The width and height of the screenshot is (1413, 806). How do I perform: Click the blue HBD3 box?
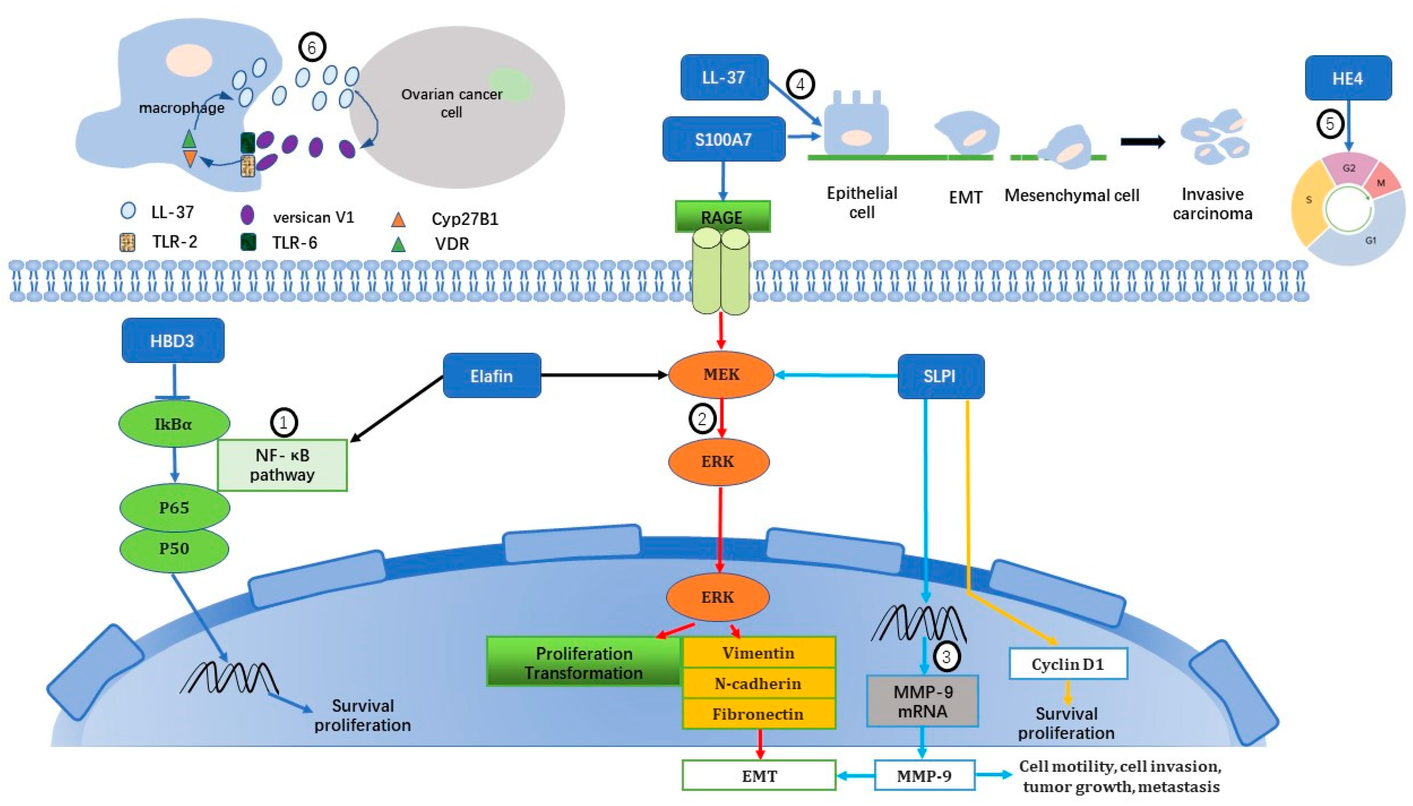point(173,341)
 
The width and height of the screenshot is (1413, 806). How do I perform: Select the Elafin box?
point(492,376)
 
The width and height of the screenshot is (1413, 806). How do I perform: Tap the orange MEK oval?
point(721,375)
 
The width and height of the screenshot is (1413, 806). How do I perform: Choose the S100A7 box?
point(724,139)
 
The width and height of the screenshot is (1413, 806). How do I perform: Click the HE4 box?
point(1348,78)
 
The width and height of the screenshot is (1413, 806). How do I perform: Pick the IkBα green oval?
point(174,424)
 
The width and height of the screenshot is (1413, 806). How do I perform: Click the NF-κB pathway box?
point(282,465)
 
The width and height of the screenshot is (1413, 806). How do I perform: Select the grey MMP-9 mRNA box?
point(922,701)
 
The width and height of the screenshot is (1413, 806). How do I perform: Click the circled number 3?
point(946,657)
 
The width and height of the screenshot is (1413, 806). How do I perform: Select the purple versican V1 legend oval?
point(247,215)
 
